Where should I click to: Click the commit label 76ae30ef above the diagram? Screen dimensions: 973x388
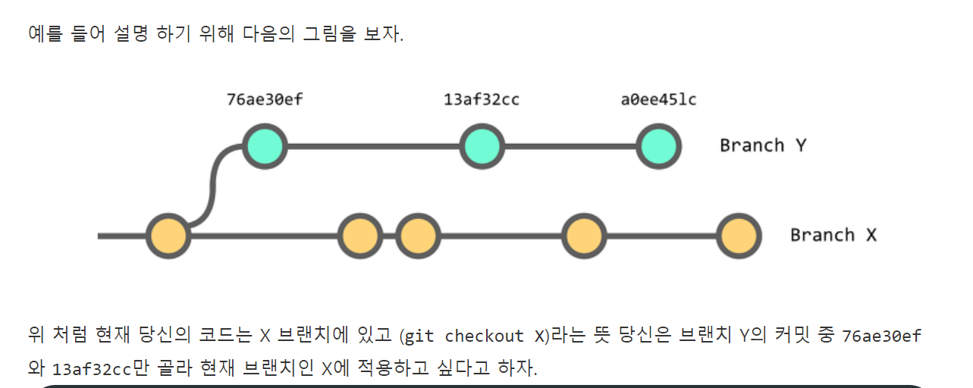[x=265, y=99]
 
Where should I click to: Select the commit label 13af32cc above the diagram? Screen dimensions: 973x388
[x=482, y=99]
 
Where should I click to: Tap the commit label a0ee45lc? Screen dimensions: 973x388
[x=658, y=99]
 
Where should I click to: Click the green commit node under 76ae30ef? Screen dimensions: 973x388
[x=265, y=146]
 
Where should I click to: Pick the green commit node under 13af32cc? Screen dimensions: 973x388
[x=482, y=146]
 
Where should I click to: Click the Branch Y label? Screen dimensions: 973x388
[x=763, y=145]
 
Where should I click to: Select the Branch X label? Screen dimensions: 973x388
[x=833, y=235]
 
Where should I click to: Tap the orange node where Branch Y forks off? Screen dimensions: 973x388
[x=168, y=236]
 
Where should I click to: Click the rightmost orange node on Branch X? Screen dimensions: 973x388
[x=738, y=236]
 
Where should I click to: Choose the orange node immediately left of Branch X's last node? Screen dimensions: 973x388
[x=583, y=236]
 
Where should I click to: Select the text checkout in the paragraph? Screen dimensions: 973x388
[x=484, y=336]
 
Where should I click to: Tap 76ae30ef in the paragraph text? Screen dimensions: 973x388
[x=881, y=336]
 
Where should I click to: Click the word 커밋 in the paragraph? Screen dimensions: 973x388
[x=796, y=336]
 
